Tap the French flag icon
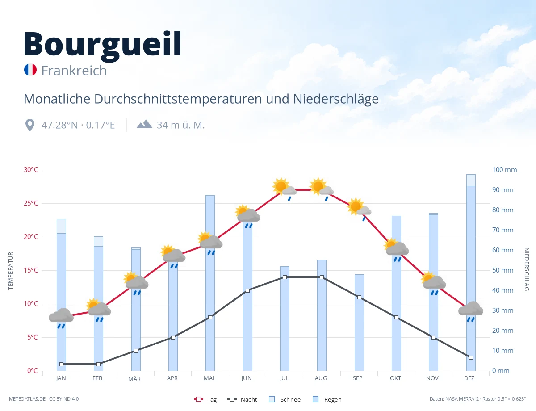pos(30,70)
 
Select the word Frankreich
pos(74,71)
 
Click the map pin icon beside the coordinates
pos(30,125)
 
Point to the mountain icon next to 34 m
pos(145,124)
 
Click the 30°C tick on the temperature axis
pos(31,170)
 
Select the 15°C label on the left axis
pos(31,270)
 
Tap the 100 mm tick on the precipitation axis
pos(504,170)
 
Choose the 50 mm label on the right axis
pos(502,270)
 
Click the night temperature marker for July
pos(285,277)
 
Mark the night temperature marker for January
pos(62,364)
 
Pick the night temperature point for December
pos(471,357)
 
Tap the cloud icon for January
pos(61,318)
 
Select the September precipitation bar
pos(359,323)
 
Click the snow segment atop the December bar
pos(471,180)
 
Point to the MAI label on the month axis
pos(209,378)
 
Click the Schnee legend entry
pos(285,399)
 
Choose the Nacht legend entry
pos(242,399)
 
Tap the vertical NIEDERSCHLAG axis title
pos(527,269)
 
